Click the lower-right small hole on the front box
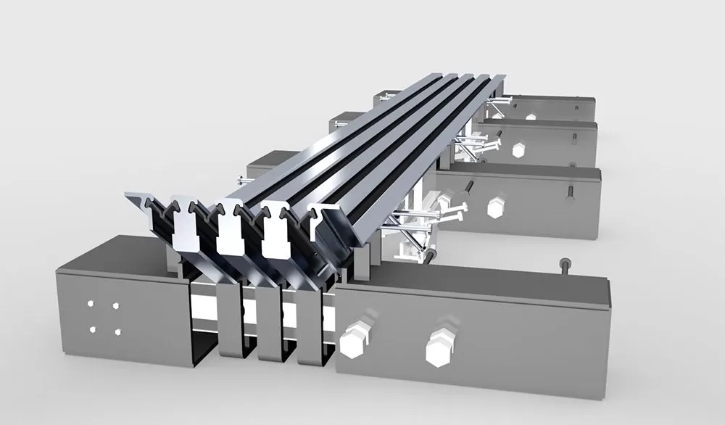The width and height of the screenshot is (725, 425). click(117, 331)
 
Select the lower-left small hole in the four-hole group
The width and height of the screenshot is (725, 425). click(92, 331)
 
